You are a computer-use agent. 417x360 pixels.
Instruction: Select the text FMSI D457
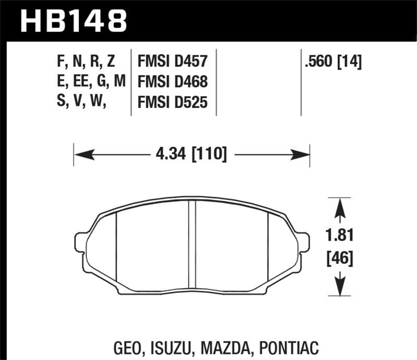172,63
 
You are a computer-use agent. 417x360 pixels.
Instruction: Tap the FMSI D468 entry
172,83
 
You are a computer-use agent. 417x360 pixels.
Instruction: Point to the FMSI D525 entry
172,104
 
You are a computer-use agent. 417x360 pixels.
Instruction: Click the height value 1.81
340,235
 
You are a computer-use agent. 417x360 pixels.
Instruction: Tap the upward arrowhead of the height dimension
340,206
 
